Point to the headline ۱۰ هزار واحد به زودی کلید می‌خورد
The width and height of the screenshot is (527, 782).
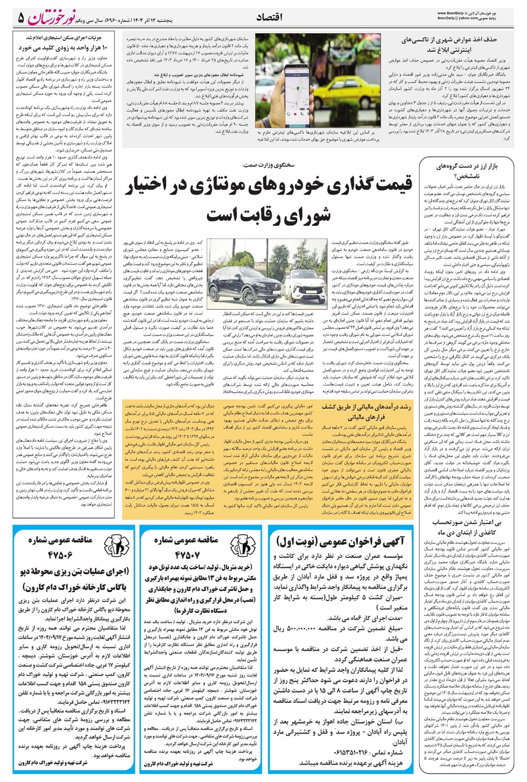click(x=63, y=48)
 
